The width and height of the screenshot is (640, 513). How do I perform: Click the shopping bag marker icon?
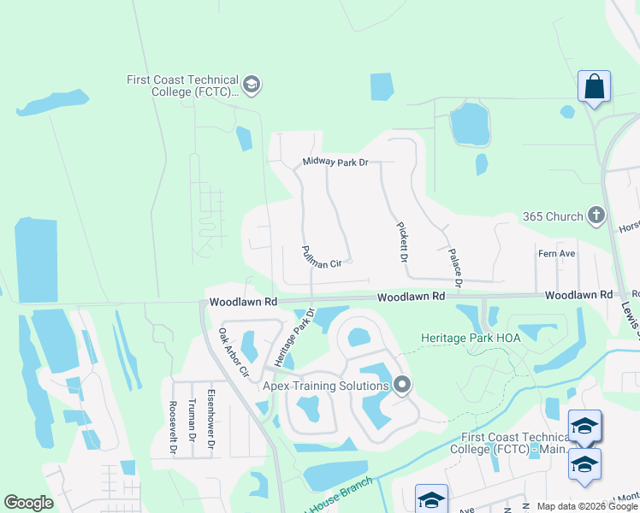(594, 86)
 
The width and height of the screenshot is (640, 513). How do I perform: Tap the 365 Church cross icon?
(596, 216)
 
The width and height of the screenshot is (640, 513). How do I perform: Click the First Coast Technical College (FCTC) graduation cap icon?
(252, 85)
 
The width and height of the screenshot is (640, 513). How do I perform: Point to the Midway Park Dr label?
(335, 162)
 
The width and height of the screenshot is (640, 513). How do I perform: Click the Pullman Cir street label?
(322, 256)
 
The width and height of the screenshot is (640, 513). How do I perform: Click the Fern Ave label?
(556, 253)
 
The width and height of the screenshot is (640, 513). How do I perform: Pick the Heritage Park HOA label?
(471, 338)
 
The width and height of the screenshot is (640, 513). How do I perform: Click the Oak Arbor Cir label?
(233, 353)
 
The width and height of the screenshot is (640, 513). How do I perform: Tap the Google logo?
(29, 503)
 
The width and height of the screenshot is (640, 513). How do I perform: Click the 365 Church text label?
(553, 216)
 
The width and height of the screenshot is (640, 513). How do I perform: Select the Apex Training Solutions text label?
(325, 386)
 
